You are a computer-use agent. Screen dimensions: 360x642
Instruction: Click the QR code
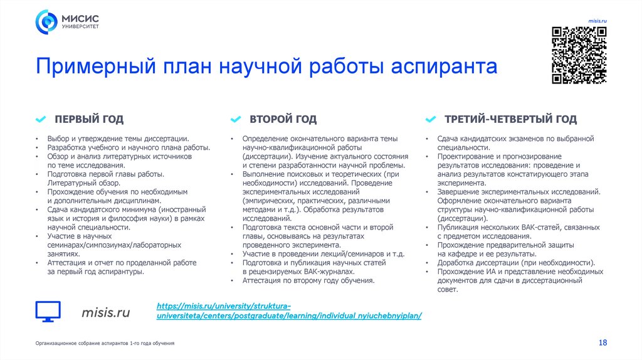(579, 56)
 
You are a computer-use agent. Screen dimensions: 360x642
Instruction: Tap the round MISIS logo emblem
(46, 23)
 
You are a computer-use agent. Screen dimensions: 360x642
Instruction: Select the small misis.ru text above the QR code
(597, 21)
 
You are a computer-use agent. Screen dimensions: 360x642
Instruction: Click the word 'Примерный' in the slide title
(93, 66)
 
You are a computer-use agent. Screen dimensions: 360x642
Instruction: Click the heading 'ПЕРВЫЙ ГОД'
(88, 119)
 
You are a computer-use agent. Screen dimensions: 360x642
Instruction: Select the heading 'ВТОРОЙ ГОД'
(283, 119)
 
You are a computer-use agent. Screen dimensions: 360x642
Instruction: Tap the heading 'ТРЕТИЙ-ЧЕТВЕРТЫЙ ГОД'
(510, 119)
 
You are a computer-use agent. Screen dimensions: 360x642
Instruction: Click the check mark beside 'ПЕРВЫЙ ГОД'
(41, 119)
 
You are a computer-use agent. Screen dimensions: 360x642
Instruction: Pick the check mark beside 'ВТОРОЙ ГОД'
(236, 119)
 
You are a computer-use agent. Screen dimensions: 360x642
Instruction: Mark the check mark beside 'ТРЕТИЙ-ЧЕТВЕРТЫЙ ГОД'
(431, 119)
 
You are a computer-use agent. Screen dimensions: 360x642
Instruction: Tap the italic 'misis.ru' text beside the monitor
(106, 312)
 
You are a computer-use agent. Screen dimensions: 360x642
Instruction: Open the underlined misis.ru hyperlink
(288, 310)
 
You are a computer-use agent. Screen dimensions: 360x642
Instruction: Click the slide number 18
(603, 342)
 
